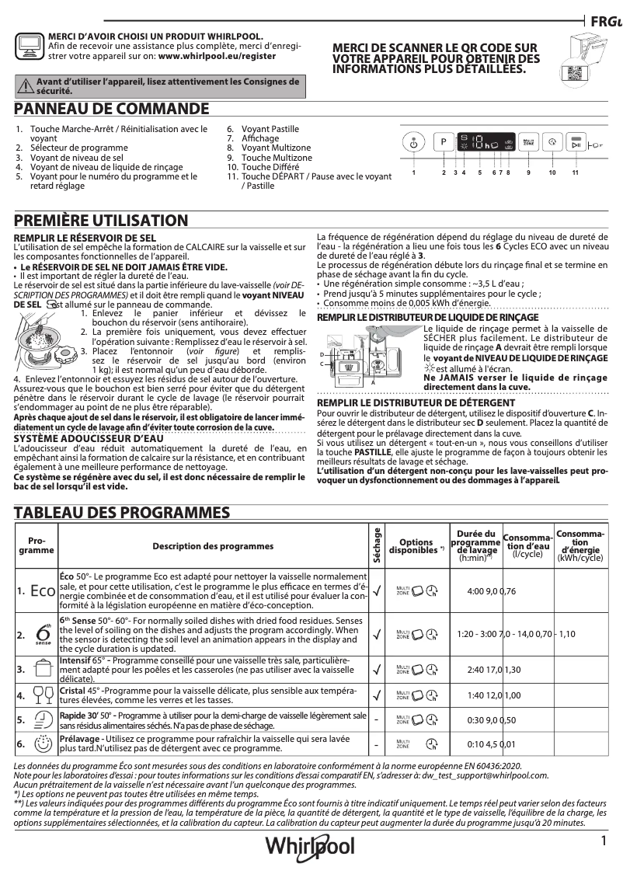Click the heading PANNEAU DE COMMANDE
[x=112, y=108]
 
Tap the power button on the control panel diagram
[x=414, y=144]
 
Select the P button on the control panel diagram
[x=443, y=143]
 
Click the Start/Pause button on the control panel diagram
[x=576, y=144]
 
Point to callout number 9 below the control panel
[x=528, y=172]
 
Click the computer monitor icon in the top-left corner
[x=29, y=46]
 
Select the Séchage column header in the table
[x=377, y=546]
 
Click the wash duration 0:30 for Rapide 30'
[x=476, y=720]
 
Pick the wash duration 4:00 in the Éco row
[x=476, y=591]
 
